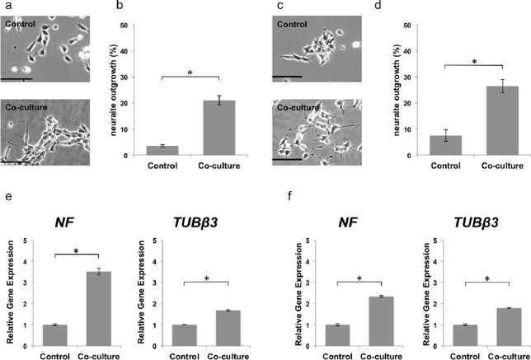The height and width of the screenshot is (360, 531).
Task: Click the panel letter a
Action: point(4,6)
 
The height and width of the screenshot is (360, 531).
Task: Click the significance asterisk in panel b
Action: point(190,73)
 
